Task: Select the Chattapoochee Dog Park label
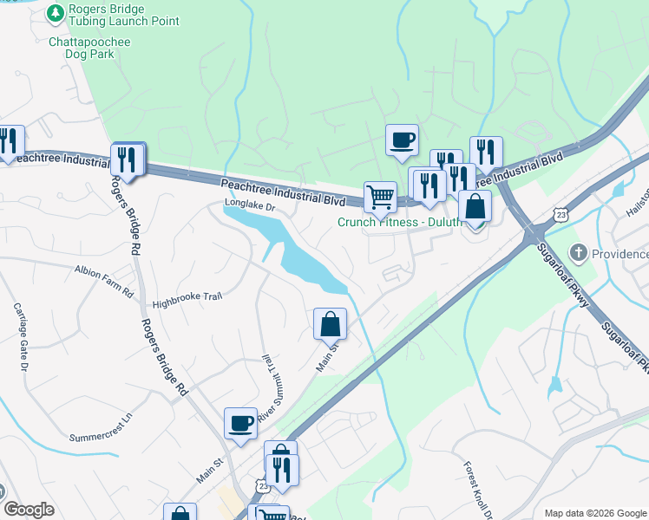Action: coord(82,47)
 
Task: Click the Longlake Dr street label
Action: coord(249,207)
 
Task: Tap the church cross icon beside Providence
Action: coord(579,254)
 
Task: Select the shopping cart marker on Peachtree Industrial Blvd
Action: coord(380,197)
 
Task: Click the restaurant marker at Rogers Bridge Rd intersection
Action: coord(128,159)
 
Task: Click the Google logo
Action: coord(29,510)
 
